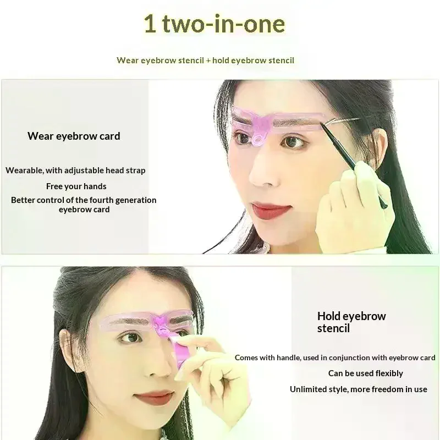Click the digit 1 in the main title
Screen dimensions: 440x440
click(150, 24)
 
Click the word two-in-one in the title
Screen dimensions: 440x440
click(224, 24)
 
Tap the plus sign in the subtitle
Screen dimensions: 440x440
click(208, 61)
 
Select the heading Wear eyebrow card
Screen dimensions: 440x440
click(74, 136)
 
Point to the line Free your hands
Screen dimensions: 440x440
click(76, 186)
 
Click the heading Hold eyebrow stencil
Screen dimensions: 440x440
click(351, 322)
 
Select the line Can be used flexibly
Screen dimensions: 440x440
click(366, 373)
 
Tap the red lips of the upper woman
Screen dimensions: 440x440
click(269, 210)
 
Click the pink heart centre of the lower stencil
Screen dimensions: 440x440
click(161, 321)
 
